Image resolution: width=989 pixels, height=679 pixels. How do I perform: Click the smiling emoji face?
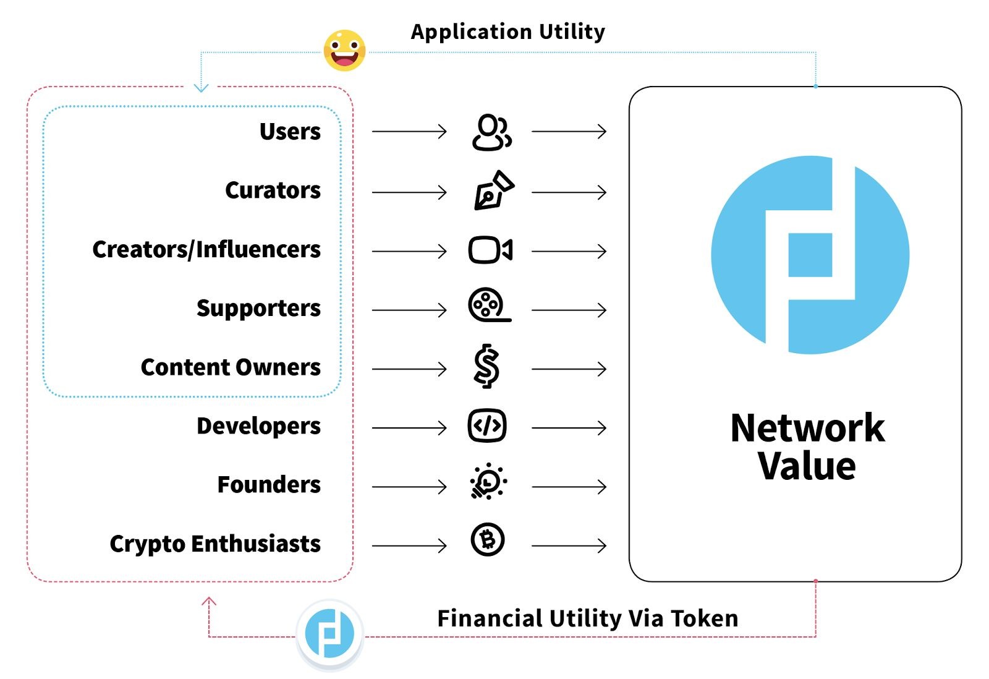pos(344,51)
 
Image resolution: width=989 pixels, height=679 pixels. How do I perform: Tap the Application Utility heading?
pos(507,32)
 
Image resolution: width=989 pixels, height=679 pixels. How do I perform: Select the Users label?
pos(290,132)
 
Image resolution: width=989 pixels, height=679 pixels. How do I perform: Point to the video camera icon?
pos(490,250)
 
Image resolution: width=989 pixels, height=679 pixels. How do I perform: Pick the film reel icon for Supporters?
pos(488,305)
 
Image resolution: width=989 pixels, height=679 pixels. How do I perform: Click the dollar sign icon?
pos(487,366)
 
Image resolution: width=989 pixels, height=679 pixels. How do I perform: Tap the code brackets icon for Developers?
pos(487,426)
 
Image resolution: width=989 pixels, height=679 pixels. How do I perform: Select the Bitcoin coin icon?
pos(488,540)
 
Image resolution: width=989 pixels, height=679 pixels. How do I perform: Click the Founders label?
pos(269,485)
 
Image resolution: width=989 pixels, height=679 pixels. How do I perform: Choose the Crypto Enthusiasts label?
pos(215,544)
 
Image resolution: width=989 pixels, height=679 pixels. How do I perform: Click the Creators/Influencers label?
pos(206,250)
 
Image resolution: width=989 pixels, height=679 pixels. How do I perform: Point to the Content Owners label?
pos(231,367)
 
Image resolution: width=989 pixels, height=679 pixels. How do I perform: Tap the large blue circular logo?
pos(810,255)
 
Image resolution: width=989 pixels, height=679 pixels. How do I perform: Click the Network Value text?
pos(807,446)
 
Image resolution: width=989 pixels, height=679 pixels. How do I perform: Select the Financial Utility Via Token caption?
pos(587,618)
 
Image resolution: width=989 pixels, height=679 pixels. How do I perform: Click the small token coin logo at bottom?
pos(329,633)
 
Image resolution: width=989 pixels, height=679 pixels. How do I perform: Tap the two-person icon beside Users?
pos(491,132)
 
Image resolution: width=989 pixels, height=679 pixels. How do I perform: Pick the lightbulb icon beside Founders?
pos(488,482)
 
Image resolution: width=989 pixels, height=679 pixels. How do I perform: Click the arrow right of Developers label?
pos(409,427)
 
